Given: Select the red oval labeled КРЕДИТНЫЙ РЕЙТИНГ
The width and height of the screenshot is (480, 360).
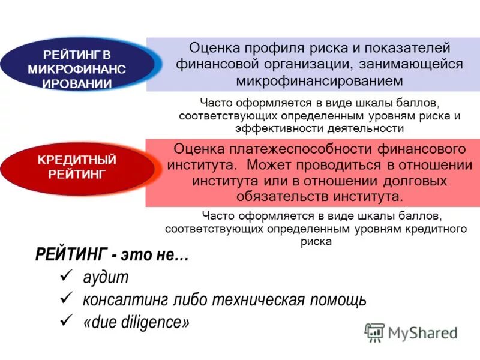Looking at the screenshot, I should pyautogui.click(x=76, y=167).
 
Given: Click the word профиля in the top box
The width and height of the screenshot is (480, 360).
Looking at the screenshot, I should pyautogui.click(x=275, y=47).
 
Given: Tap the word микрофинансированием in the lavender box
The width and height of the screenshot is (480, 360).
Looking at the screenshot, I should pyautogui.click(x=319, y=80).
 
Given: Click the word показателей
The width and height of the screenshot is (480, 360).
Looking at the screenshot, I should pyautogui.click(x=408, y=47).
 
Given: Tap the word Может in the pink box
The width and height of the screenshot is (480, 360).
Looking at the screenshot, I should pyautogui.click(x=271, y=164).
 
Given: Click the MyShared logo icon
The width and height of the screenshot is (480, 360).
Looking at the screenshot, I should pyautogui.click(x=375, y=332).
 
